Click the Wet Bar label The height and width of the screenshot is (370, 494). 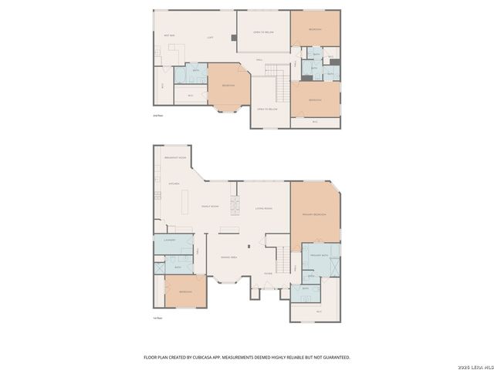[x=168, y=36]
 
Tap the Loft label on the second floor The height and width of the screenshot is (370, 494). [x=210, y=37]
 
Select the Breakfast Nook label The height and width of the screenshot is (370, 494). [x=176, y=158]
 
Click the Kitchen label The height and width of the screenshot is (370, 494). [x=174, y=184]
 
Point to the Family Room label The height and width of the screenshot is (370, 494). [x=211, y=207]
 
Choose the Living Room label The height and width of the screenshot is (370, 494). [x=264, y=208]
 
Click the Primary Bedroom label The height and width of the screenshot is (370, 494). [x=314, y=214]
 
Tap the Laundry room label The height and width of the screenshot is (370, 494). [x=170, y=240]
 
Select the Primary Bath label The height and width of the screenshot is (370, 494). [x=320, y=254]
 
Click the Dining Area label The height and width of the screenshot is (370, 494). [x=228, y=257]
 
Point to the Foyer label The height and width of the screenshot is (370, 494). [x=268, y=273]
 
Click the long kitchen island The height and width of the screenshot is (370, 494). [x=186, y=202]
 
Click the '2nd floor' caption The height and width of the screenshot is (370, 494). [x=158, y=116]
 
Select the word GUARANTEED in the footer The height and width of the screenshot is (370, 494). [x=337, y=357]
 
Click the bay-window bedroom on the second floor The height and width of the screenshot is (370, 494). [x=228, y=85]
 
